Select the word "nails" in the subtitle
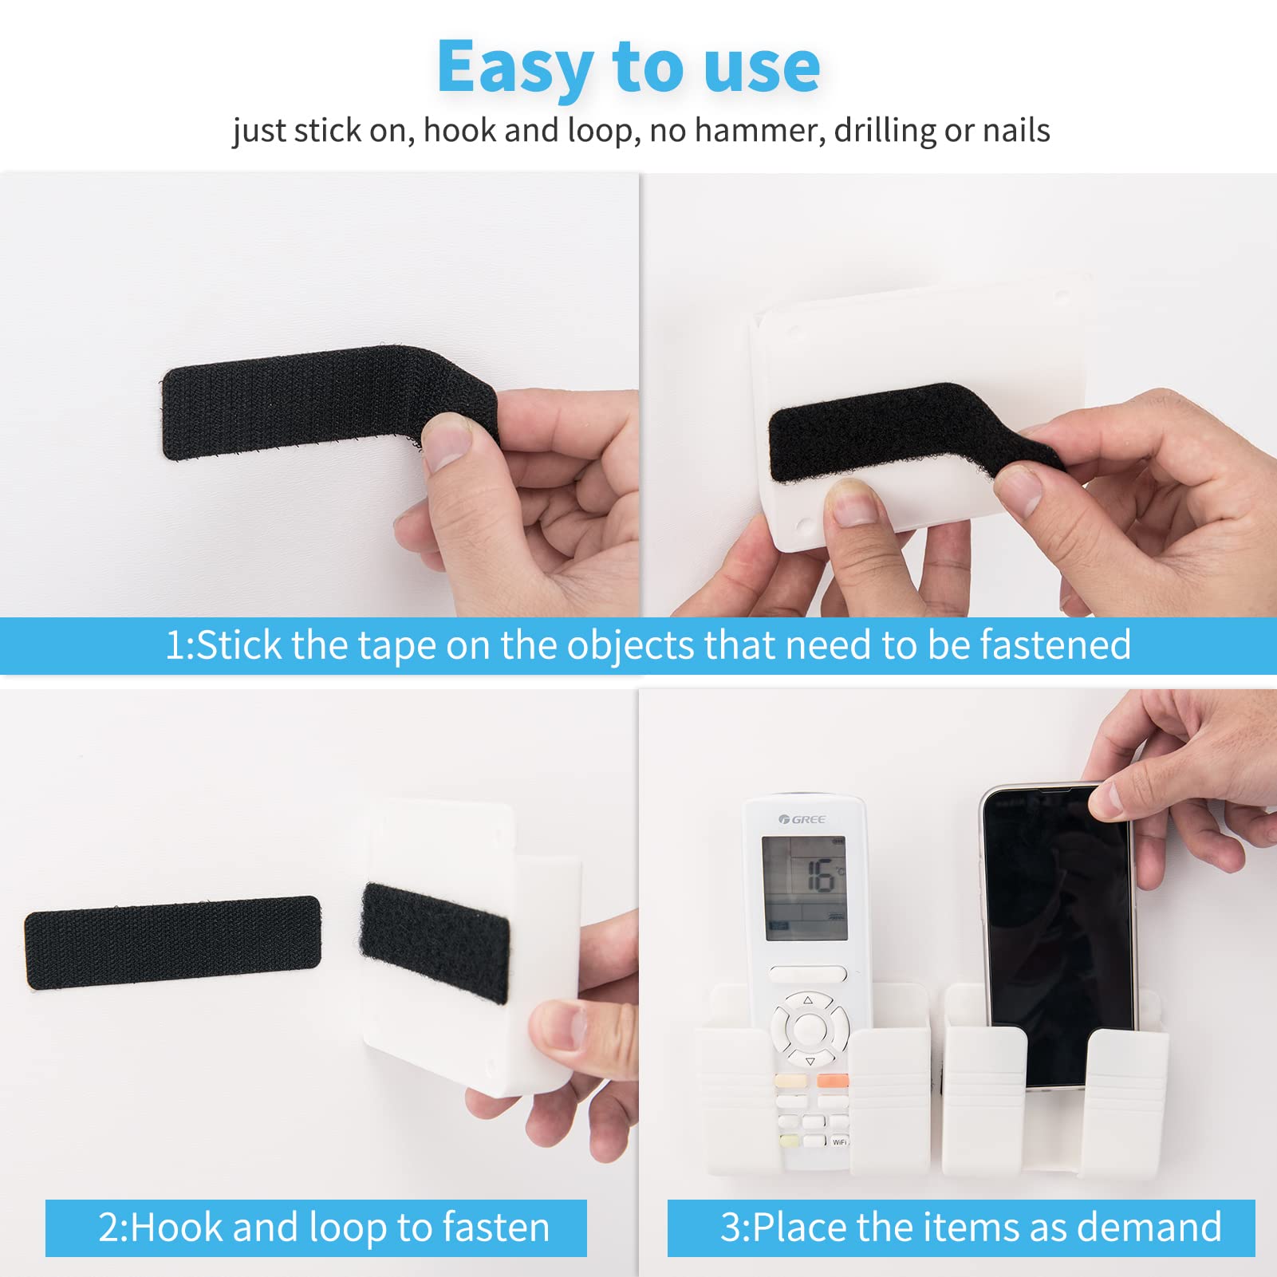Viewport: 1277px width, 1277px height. pyautogui.click(x=1016, y=130)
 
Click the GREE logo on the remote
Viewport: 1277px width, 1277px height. pyautogui.click(x=802, y=819)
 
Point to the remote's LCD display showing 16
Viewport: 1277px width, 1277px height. pyautogui.click(x=804, y=887)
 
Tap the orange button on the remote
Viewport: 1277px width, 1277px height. pyautogui.click(x=832, y=1082)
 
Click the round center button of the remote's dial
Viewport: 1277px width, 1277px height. pyautogui.click(x=807, y=1029)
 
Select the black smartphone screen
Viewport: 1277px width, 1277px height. pyautogui.click(x=1057, y=933)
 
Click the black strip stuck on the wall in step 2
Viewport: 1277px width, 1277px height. pyautogui.click(x=172, y=942)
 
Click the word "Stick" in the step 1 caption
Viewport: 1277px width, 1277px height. pyautogui.click(x=238, y=645)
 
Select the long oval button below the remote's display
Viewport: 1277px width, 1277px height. pyautogui.click(x=807, y=974)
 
